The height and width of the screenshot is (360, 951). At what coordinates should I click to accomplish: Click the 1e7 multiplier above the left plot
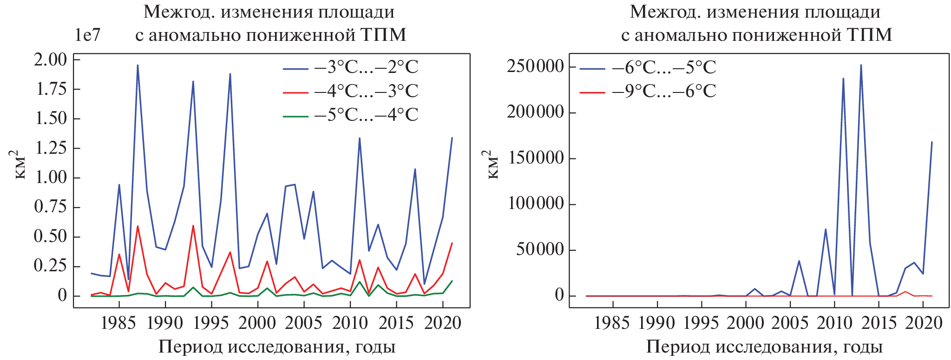87,35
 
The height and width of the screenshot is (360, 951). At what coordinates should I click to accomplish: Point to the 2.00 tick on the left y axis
51,59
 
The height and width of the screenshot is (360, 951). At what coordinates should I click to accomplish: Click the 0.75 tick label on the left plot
51,207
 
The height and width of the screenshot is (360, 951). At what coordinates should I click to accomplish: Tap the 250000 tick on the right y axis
535,66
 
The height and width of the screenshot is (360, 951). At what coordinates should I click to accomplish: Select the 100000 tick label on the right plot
535,204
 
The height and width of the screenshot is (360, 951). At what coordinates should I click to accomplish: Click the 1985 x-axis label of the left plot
118,323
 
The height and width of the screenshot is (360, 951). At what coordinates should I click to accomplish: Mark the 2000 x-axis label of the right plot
745,323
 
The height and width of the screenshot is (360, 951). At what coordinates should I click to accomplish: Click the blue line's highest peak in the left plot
138,65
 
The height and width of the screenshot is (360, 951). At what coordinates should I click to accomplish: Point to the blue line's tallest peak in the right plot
861,65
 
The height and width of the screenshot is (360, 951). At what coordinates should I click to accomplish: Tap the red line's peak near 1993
193,226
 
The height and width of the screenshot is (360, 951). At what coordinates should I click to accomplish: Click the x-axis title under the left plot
277,347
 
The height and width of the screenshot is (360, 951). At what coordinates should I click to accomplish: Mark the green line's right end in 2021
452,281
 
